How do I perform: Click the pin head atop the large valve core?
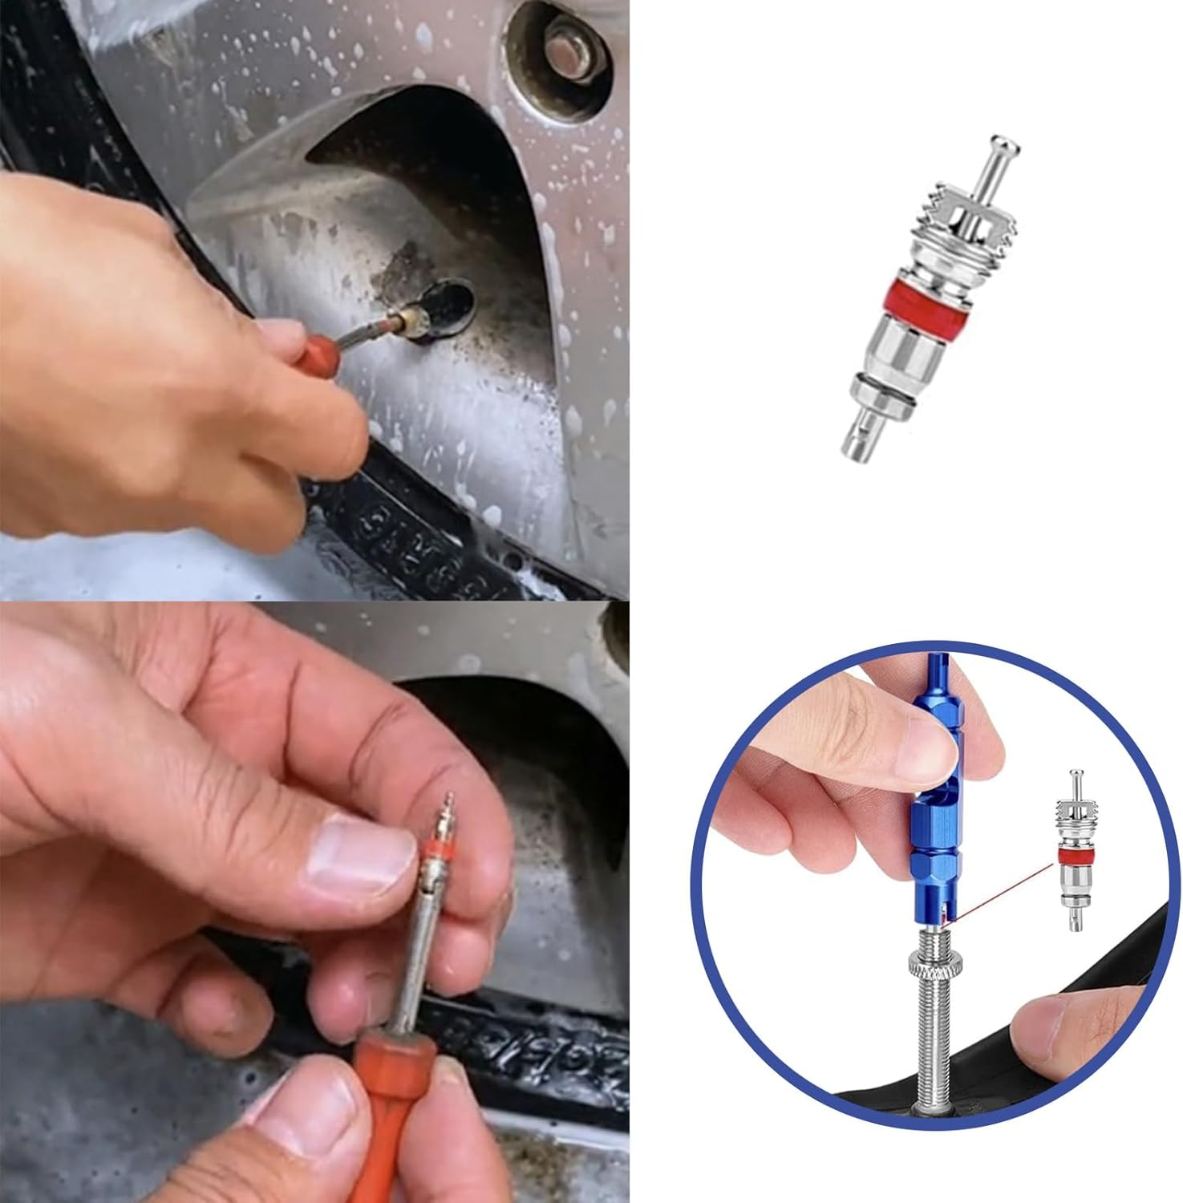pyautogui.click(x=1003, y=148)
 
